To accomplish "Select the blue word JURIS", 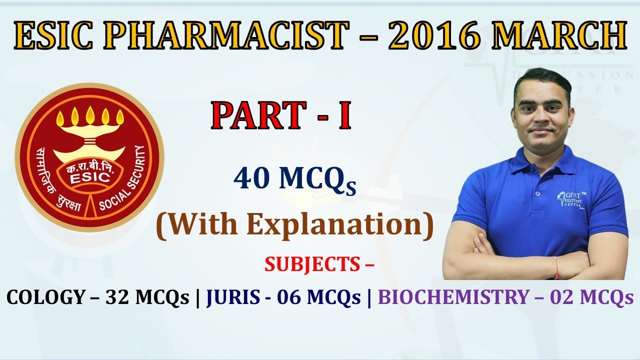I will [x=232, y=297].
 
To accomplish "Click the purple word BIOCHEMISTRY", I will [x=452, y=297].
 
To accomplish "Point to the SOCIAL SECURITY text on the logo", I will [x=126, y=185].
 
